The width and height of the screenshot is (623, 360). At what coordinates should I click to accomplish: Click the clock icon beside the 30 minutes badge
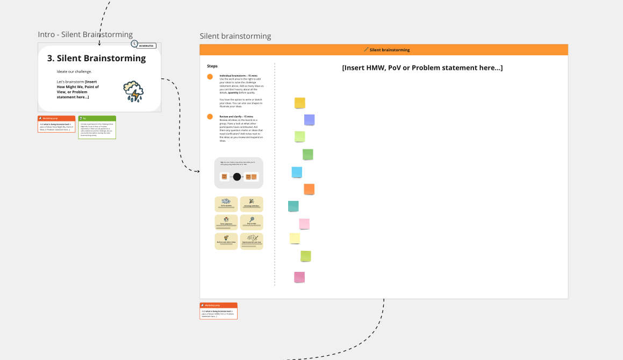click(x=134, y=44)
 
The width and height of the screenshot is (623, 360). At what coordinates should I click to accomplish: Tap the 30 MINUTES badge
click(x=146, y=46)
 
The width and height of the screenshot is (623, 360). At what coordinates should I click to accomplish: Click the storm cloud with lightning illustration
click(x=133, y=91)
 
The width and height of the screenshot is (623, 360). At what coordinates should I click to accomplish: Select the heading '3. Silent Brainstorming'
click(x=96, y=58)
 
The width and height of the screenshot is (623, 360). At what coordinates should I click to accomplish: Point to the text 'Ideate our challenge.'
click(x=74, y=71)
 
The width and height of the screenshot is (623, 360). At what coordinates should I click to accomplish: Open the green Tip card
click(x=97, y=127)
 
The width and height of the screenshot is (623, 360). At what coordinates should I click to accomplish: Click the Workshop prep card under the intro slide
click(x=56, y=124)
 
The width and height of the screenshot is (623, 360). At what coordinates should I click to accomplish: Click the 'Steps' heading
click(x=212, y=66)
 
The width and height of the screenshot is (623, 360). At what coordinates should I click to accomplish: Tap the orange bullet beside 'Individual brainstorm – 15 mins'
click(x=210, y=77)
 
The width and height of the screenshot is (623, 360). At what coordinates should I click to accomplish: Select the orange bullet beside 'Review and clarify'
click(x=210, y=117)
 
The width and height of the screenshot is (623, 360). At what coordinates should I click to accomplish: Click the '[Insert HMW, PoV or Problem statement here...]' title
click(x=422, y=68)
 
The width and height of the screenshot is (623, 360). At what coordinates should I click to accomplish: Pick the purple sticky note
click(x=309, y=120)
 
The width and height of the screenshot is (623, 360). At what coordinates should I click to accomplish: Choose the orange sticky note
click(x=309, y=189)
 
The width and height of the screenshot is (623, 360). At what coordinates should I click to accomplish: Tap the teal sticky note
click(x=293, y=206)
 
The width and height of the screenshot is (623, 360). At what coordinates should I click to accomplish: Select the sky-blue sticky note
click(x=297, y=172)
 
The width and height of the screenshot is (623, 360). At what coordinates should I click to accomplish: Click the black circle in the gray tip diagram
click(x=237, y=177)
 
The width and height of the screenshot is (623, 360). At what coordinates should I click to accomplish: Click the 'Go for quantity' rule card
click(x=226, y=204)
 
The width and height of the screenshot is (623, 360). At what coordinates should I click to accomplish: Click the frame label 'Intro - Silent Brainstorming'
click(x=85, y=34)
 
